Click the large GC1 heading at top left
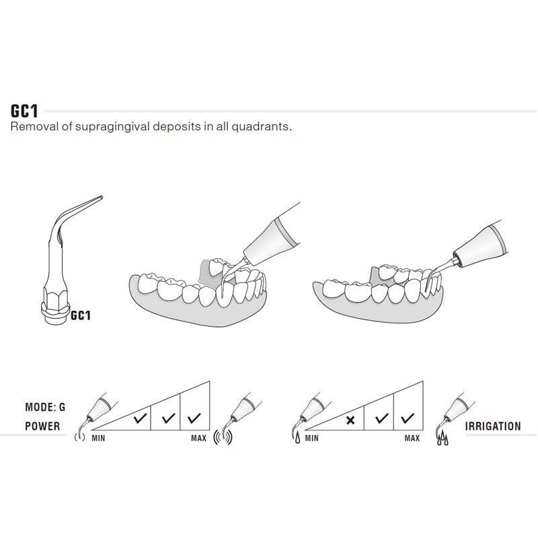(x=24, y=111)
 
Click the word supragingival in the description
(x=112, y=126)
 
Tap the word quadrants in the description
(x=261, y=126)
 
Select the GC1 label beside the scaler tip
(x=81, y=315)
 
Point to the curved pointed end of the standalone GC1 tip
(x=101, y=198)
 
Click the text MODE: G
(x=45, y=408)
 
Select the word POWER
(x=42, y=426)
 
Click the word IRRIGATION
(x=493, y=426)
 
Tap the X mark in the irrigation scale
(x=350, y=420)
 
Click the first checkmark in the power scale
(x=140, y=418)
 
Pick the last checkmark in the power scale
(x=194, y=418)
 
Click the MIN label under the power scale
(x=98, y=438)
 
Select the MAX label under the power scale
(x=199, y=438)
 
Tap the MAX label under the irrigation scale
(x=412, y=438)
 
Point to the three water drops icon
(x=443, y=438)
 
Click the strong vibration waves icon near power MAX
(x=223, y=437)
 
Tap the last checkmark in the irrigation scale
(x=408, y=418)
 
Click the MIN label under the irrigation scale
(x=312, y=438)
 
